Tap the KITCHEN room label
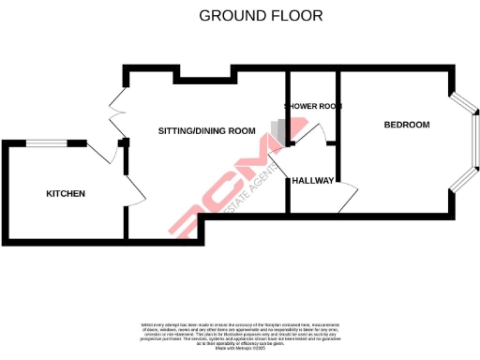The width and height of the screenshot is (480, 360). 66,194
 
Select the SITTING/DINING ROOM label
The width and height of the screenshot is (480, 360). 206,130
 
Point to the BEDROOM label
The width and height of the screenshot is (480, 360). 407,126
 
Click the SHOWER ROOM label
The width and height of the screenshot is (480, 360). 313,107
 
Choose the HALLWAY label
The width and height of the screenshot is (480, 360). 312,180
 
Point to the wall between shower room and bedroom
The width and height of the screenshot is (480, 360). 339,112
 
